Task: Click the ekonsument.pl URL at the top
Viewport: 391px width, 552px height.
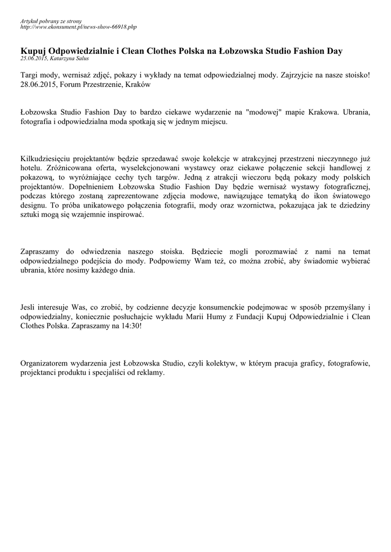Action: coord(78,26)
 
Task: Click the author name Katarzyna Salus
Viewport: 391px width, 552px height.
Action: coord(70,58)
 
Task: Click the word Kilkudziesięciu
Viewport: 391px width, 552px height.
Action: coord(46,158)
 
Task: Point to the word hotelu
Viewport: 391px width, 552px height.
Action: coord(31,168)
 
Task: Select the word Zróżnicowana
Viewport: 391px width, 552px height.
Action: coord(66,168)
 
